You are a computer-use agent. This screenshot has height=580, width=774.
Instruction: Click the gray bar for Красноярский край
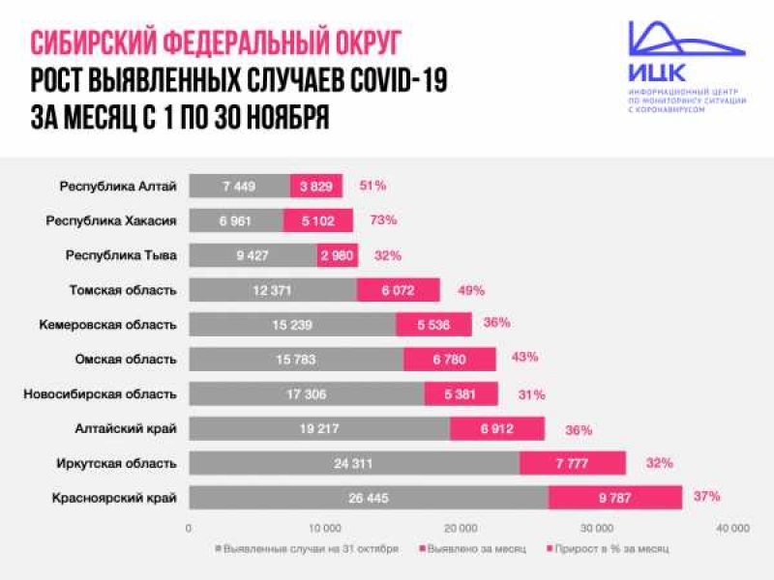click(368, 498)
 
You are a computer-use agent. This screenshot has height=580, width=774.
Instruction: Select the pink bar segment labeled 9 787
click(615, 498)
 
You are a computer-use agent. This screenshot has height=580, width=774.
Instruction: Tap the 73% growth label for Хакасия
click(383, 220)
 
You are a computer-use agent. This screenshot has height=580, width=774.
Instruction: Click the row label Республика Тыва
click(134, 256)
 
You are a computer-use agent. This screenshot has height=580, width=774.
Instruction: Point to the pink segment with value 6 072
click(399, 290)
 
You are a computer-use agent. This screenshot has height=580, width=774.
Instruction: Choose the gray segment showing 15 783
click(296, 360)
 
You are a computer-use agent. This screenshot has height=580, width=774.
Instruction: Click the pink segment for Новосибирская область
click(461, 394)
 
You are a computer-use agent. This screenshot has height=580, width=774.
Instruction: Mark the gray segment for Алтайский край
click(319, 429)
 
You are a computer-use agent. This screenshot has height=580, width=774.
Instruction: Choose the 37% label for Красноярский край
click(707, 497)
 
